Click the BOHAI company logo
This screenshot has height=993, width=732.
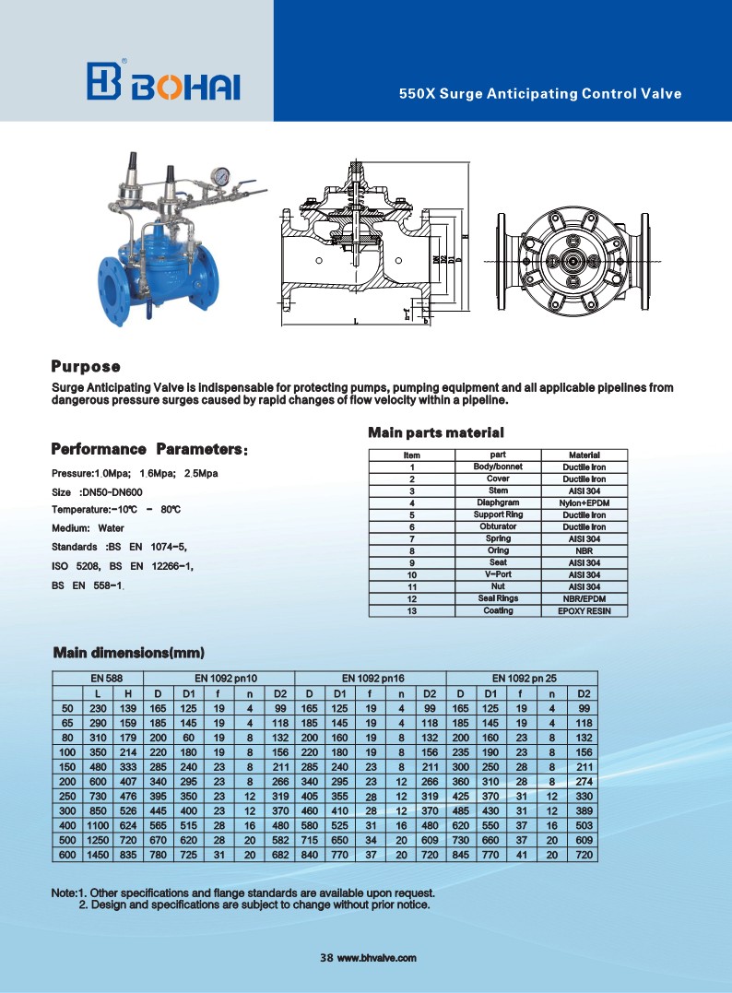163,82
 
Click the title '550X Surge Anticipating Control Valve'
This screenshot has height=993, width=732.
539,94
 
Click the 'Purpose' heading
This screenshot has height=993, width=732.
86,367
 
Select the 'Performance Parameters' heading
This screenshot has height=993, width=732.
148,449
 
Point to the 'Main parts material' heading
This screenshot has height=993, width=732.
436,431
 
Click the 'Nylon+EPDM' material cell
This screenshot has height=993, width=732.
584,502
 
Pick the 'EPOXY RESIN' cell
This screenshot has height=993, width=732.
584,610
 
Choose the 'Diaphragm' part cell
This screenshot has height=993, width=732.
498,502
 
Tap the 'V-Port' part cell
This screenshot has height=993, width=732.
498,574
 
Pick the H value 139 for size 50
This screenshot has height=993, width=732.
129,707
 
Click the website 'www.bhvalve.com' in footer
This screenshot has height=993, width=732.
377,958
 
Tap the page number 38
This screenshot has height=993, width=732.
325,958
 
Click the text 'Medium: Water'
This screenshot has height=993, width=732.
88,528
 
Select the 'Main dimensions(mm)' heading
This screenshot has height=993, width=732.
128,653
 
